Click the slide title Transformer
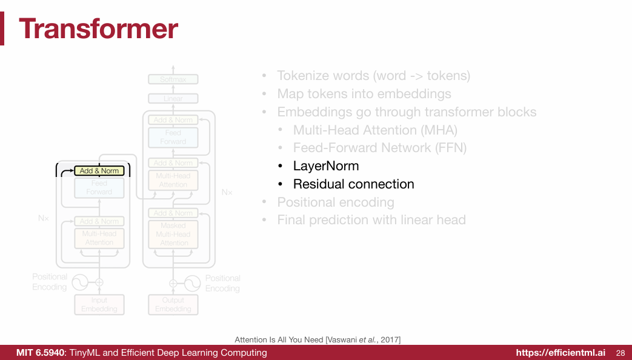(99, 28)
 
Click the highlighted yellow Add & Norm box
(99, 171)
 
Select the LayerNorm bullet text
(325, 166)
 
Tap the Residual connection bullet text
(353, 184)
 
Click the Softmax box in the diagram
(173, 79)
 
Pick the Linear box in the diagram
(173, 98)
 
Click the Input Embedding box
(99, 304)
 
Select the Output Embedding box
(173, 304)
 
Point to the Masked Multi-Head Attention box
(173, 234)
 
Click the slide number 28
(620, 353)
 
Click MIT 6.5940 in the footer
(40, 353)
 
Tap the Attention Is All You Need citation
(318, 339)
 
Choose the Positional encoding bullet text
(336, 202)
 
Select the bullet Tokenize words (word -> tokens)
(373, 76)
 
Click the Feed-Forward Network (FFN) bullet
(379, 148)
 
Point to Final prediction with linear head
(371, 220)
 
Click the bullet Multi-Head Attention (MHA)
(375, 130)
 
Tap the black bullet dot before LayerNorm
(280, 166)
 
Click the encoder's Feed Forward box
(99, 187)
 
